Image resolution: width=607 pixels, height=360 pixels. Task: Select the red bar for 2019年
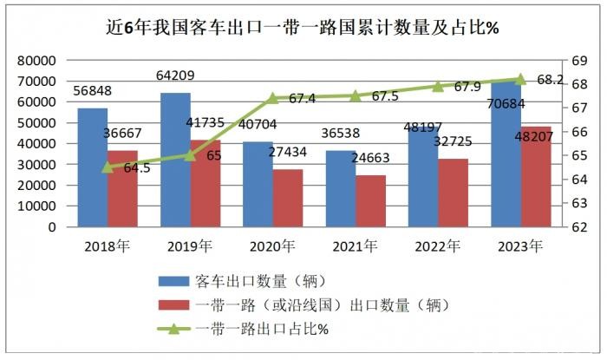tap(206, 183)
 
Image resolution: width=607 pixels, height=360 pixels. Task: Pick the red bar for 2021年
tap(370, 200)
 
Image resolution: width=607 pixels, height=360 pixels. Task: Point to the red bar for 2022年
tap(454, 193)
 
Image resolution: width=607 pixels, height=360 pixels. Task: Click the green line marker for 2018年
tap(108, 167)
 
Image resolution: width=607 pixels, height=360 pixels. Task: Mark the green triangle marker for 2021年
tap(355, 95)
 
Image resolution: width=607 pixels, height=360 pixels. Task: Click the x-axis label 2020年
tap(271, 245)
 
